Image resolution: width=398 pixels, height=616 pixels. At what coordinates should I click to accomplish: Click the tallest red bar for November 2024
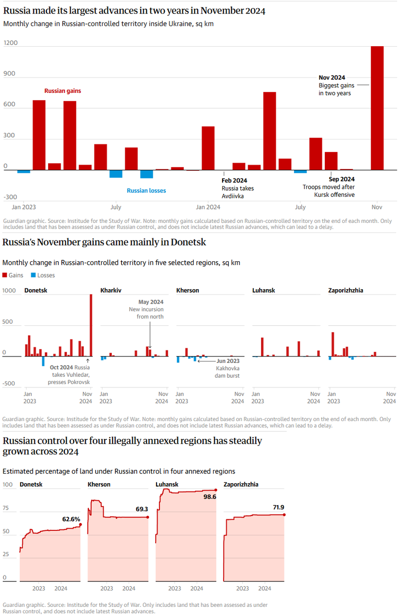[x=377, y=108]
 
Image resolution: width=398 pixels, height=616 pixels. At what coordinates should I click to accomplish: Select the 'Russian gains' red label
[x=63, y=90]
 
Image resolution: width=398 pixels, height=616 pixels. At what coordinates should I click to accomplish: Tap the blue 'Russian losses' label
[x=146, y=191]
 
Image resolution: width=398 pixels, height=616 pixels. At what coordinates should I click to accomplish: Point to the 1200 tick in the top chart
[x=11, y=43]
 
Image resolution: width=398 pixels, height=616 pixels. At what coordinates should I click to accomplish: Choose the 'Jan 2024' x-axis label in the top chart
[x=207, y=207]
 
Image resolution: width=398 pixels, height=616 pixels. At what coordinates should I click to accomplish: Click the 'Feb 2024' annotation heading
[x=234, y=180]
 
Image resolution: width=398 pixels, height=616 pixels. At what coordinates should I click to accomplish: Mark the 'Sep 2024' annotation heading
[x=342, y=179]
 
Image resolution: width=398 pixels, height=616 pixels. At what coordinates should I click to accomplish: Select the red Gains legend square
[x=5, y=275]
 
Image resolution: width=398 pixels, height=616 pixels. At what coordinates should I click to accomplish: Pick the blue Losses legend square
[x=33, y=275]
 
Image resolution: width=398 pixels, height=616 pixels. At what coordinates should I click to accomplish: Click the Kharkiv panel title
[x=111, y=291]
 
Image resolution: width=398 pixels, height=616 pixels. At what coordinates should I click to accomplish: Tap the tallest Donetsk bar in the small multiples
[x=91, y=325]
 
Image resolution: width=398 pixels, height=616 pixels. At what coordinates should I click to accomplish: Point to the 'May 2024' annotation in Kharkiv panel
[x=151, y=302]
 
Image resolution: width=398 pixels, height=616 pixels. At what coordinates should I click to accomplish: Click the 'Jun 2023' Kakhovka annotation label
[x=228, y=360]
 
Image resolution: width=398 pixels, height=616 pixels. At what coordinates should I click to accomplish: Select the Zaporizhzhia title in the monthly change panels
[x=345, y=291]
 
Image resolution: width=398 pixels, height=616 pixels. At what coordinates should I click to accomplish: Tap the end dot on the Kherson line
[x=147, y=517]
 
